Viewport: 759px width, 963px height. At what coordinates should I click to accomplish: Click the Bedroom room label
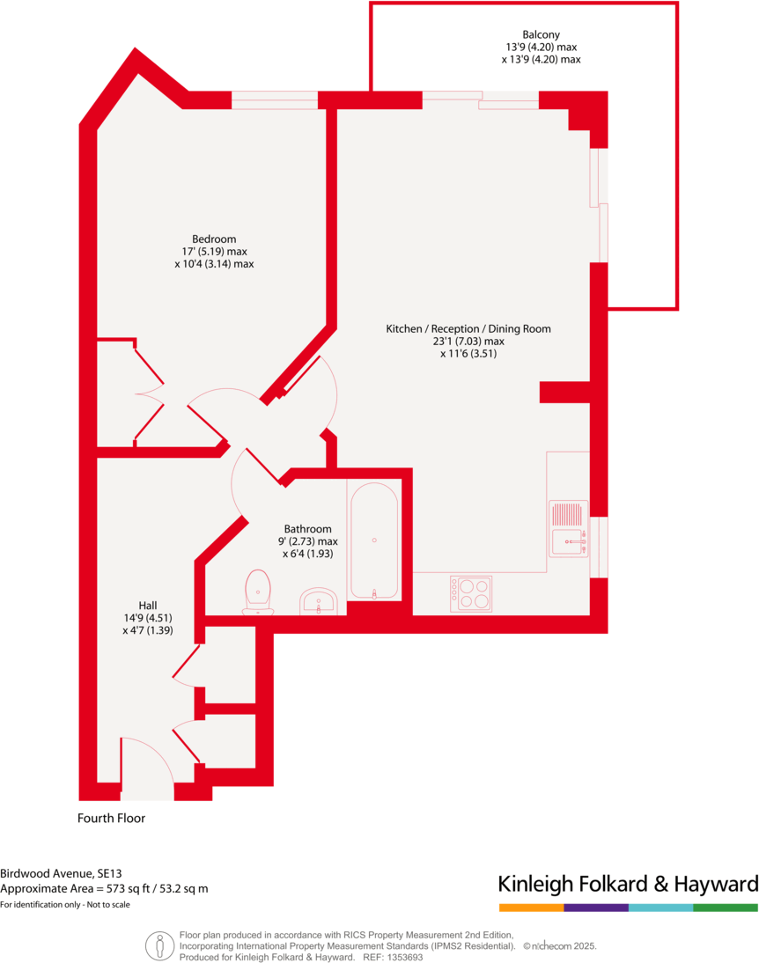coord(214,239)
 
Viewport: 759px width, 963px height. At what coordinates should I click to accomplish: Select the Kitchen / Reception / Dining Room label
coord(468,329)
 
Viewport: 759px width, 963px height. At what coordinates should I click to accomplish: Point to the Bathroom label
coord(307,529)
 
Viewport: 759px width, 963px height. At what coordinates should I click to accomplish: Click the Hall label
coord(147,606)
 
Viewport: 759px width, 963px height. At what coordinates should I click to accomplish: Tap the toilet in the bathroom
coord(258,591)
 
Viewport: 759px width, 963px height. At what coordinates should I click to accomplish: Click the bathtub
coord(374,540)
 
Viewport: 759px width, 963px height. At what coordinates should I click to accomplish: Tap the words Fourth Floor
coord(111,818)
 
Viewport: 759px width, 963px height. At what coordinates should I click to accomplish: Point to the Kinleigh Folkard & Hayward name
coord(628,883)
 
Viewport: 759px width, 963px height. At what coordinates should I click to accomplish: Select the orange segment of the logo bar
coord(531,908)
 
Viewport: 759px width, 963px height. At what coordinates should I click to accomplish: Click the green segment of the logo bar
coord(726,908)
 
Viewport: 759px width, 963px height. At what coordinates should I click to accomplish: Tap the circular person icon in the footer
coord(159,945)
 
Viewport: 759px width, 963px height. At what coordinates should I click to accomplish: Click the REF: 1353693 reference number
coord(394,957)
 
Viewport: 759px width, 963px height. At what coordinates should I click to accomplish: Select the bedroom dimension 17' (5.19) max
coord(214,252)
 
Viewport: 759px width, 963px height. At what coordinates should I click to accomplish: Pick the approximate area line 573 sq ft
coord(104,889)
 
